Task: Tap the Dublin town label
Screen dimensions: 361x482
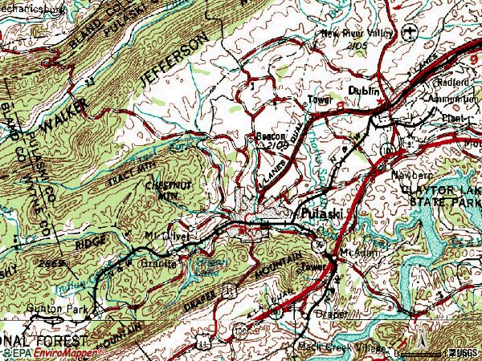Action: coord(363,92)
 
